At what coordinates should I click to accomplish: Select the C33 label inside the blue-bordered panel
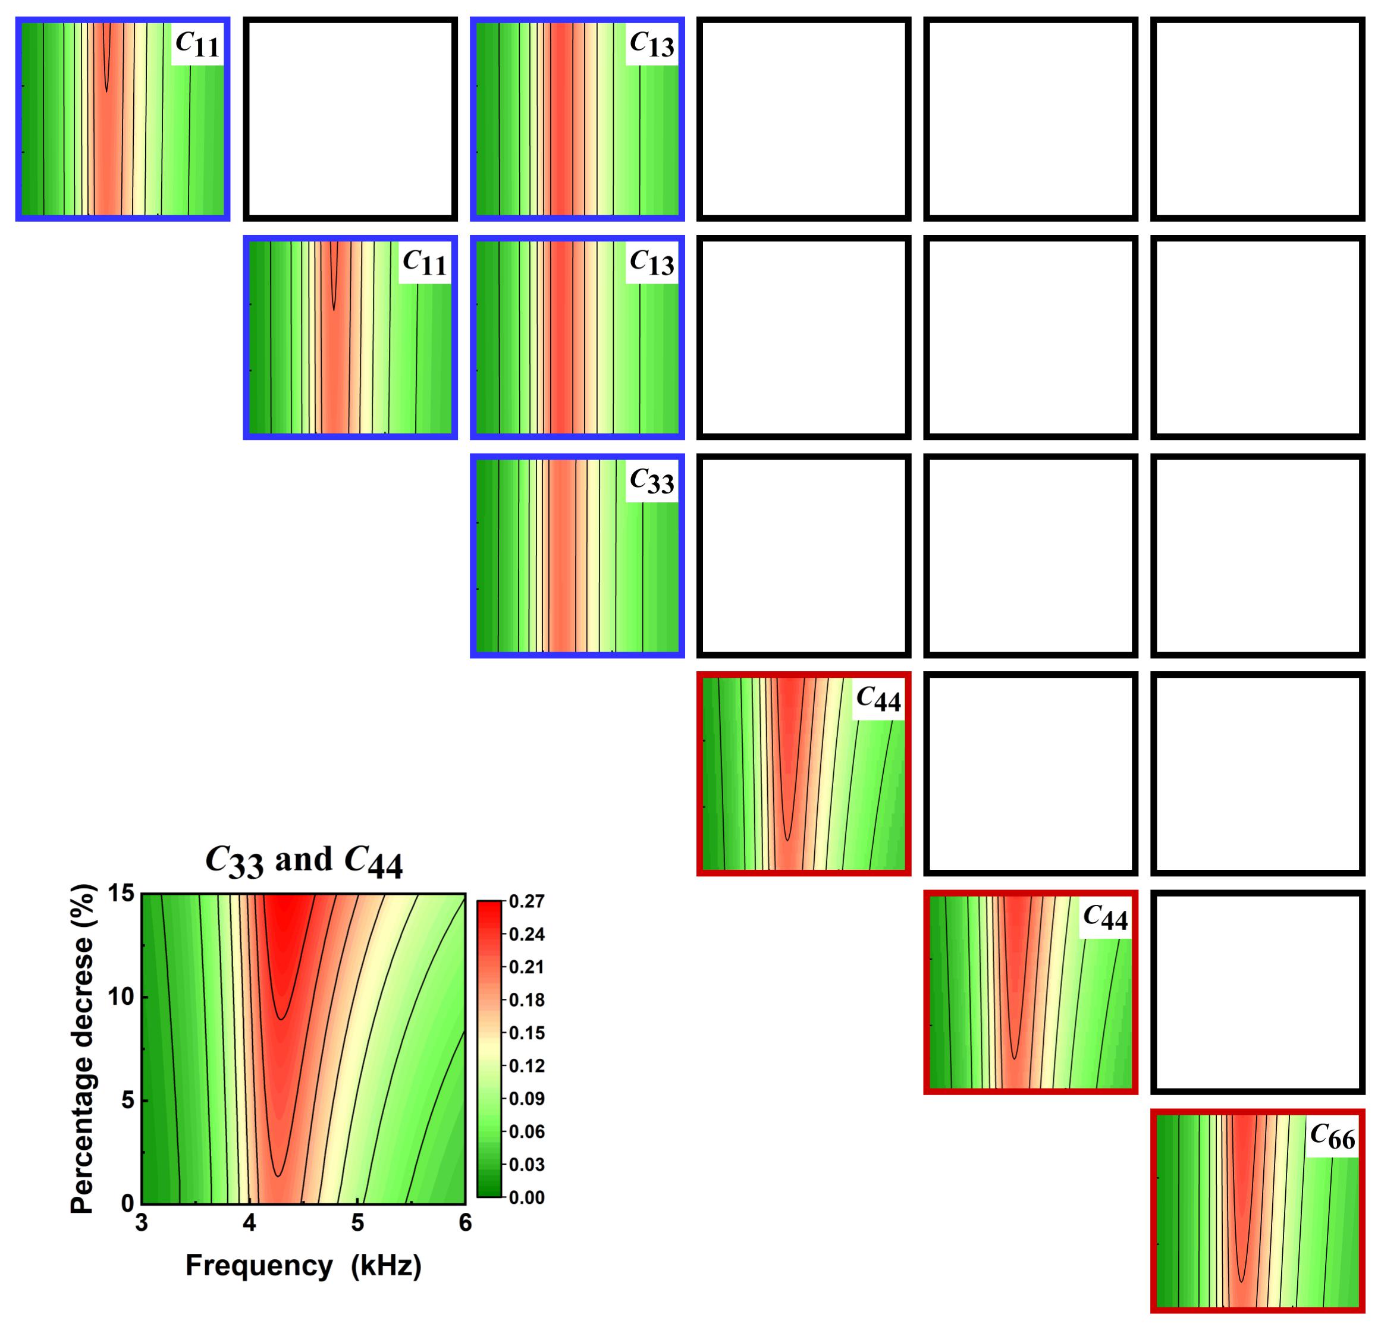click(x=652, y=482)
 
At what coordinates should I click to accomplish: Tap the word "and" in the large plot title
click(x=304, y=860)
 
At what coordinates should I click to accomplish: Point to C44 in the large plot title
click(x=374, y=862)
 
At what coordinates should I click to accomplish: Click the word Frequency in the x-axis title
click(x=259, y=1266)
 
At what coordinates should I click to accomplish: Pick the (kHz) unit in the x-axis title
click(x=387, y=1266)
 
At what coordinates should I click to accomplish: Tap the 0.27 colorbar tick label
click(x=527, y=902)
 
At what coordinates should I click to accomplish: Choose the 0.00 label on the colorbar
click(x=527, y=1197)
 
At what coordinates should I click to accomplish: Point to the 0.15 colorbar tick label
click(x=527, y=1033)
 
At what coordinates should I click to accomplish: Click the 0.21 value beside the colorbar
click(x=527, y=967)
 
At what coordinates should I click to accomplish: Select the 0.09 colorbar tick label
click(x=527, y=1099)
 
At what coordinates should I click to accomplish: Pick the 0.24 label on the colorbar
click(x=527, y=935)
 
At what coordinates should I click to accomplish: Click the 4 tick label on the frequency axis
click(x=249, y=1222)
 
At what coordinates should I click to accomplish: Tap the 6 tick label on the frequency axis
click(x=465, y=1222)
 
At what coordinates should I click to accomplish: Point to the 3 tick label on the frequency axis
click(x=142, y=1222)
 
